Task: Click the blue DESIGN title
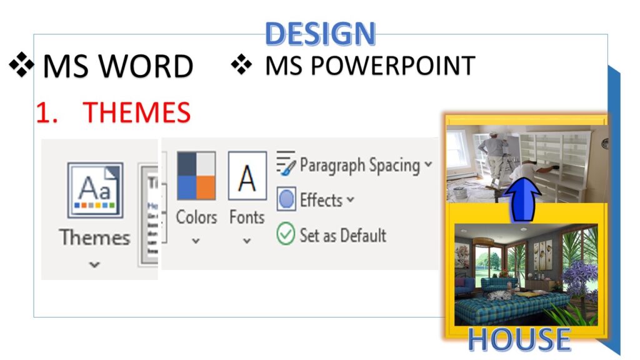coord(320,34)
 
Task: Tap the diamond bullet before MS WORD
coord(22,65)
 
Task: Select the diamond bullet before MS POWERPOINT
coord(242,64)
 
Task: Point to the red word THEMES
coord(137,112)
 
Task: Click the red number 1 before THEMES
coord(44,112)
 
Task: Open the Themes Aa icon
coord(95,190)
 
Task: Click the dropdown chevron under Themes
coord(94,264)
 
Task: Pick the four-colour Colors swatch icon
coord(196,176)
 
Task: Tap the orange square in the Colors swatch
coord(206,187)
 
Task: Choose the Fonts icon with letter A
coord(247,176)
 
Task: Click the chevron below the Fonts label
coord(246,241)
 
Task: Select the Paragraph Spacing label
coord(359,165)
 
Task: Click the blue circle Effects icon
coord(286,199)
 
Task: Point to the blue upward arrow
coord(522,199)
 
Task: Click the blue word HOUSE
coord(519,339)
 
